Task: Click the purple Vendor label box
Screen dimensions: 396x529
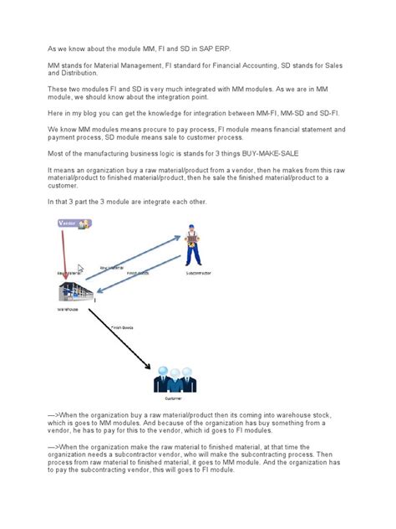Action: (74, 223)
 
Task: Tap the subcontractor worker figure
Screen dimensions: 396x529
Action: (193, 245)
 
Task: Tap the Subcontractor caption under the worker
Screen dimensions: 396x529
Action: (197, 273)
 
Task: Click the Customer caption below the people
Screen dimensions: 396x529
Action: (175, 400)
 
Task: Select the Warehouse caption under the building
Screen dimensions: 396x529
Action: (68, 309)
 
